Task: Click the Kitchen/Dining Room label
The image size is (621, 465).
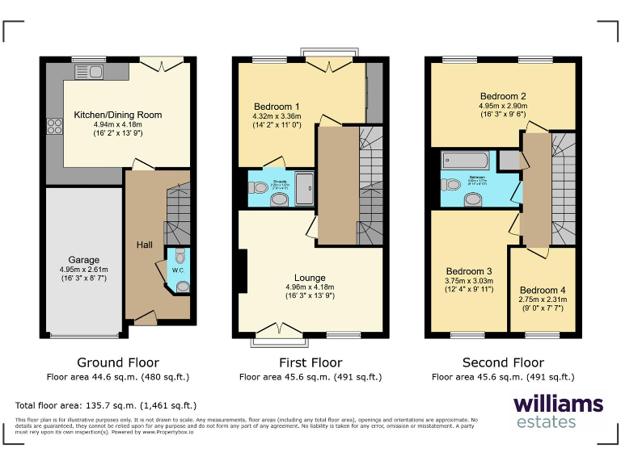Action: pos(118,115)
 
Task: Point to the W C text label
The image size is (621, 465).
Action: pos(178,271)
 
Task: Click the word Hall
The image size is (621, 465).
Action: pos(144,245)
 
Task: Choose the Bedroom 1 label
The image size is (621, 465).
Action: pos(277,107)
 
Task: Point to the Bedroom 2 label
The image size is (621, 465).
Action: pos(502,94)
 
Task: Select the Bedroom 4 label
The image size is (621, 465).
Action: pos(543,290)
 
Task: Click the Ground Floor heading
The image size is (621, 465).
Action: pos(117,362)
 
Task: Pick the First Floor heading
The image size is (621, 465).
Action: pos(310,362)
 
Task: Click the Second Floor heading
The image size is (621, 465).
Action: pos(503,362)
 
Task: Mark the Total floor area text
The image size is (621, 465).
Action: pos(106,405)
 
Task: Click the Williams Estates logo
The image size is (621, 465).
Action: pos(558,411)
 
